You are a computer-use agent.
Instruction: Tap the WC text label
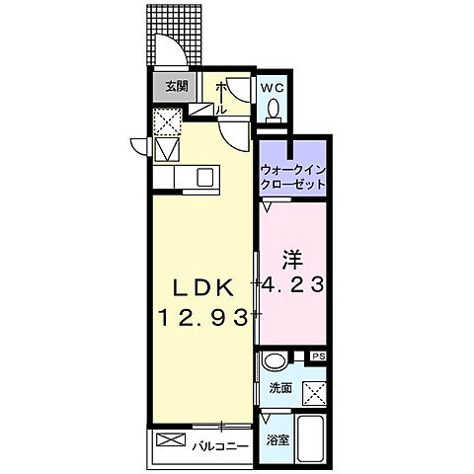point(273,86)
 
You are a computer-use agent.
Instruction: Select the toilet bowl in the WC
point(275,109)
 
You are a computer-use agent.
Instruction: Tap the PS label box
point(318,356)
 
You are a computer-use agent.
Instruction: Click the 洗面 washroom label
point(280,388)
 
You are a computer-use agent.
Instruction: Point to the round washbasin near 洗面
point(276,360)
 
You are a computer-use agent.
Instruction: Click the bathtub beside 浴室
point(314,439)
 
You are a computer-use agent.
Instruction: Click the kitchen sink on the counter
point(206,178)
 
